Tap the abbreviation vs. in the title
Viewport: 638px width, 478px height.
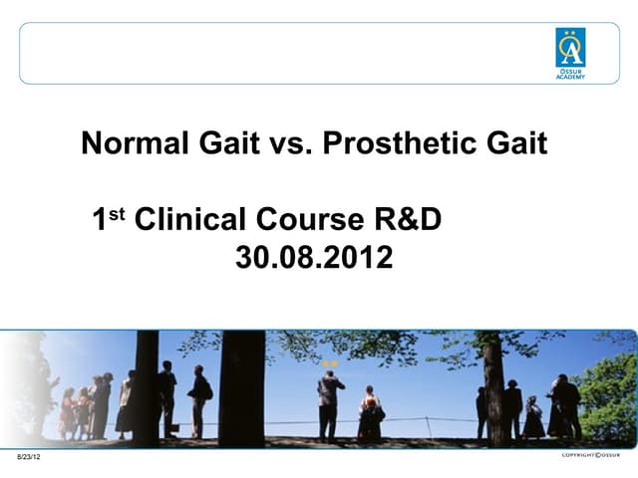coord(291,144)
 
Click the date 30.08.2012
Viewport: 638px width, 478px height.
coord(314,259)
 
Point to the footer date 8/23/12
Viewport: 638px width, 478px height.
coord(30,456)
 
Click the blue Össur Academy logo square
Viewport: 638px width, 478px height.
coord(570,48)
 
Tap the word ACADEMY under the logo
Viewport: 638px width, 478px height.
coord(570,77)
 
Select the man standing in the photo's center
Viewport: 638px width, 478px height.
coord(330,403)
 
